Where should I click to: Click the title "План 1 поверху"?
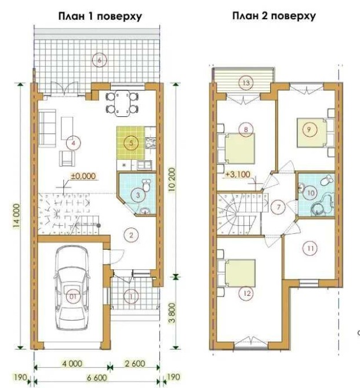click(x=100, y=17)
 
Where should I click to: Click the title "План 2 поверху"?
click(x=274, y=16)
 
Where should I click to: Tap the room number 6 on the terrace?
click(x=99, y=60)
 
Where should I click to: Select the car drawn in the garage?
click(x=72, y=288)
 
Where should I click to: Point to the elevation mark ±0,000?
click(x=83, y=176)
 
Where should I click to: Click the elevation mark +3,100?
click(x=238, y=174)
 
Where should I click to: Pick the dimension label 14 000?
click(x=16, y=216)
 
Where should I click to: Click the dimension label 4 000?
click(x=72, y=364)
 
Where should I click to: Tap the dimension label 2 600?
click(x=135, y=363)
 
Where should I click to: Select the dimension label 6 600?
click(x=97, y=378)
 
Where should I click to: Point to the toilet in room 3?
click(x=146, y=185)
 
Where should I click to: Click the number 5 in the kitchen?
click(x=132, y=143)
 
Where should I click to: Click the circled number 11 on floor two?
click(x=311, y=248)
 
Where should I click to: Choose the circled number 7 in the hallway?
click(x=279, y=207)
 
